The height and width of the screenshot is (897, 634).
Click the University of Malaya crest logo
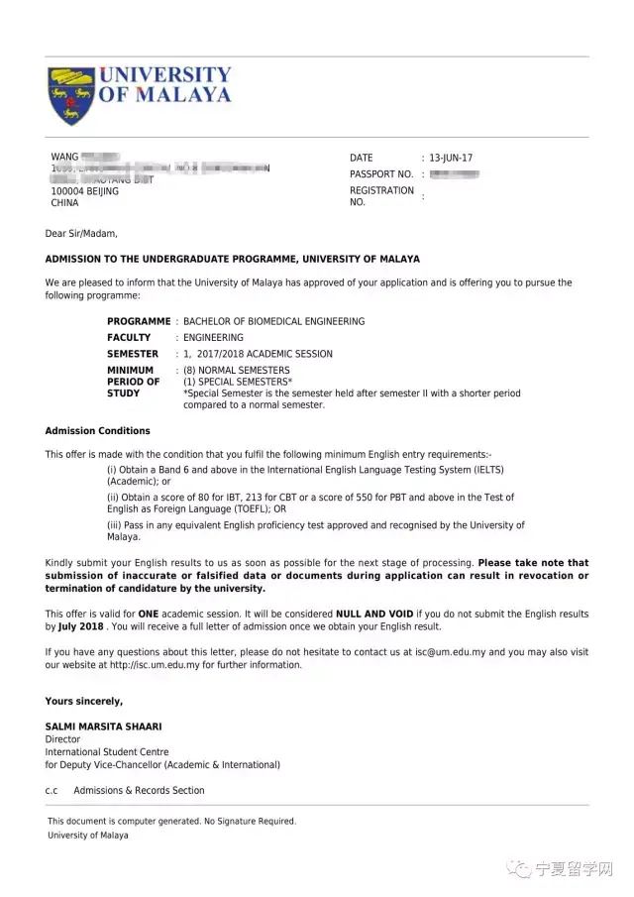[69, 95]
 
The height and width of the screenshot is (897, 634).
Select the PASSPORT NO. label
[380, 174]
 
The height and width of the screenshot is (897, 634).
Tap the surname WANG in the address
[64, 158]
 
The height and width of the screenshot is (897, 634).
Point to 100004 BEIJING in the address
[84, 191]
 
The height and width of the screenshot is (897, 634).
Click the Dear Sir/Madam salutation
[81, 234]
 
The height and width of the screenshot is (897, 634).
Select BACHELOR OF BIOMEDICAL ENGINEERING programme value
[273, 321]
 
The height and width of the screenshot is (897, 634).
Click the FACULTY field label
[129, 337]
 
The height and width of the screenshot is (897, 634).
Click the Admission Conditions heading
[97, 431]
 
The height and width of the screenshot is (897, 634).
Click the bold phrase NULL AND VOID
[370, 615]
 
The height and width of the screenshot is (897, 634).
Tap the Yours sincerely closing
[84, 702]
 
